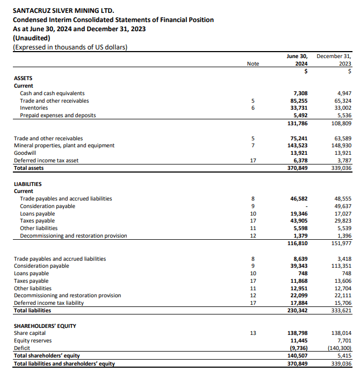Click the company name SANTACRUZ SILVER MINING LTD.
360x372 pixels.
point(63,10)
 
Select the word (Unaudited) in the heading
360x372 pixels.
point(31,38)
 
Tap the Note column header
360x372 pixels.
point(253,63)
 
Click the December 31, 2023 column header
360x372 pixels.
point(334,60)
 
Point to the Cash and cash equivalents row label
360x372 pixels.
point(52,93)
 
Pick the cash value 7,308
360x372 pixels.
point(298,93)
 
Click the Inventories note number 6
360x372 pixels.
point(253,108)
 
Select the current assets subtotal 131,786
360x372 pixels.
point(297,123)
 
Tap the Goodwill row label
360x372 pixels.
point(25,153)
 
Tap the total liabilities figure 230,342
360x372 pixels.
point(297,310)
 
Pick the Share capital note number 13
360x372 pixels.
point(253,333)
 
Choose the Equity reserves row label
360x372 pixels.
point(33,340)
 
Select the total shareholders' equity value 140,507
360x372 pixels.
point(297,355)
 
